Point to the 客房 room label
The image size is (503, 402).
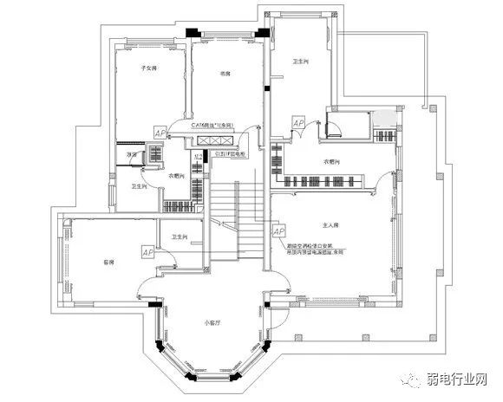109,260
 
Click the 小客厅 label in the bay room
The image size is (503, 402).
213,323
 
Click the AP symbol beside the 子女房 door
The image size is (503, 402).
160,132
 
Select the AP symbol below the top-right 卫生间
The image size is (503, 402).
297,124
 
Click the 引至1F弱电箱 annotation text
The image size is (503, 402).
231,154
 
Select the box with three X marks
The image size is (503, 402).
211,139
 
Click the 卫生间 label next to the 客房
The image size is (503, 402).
180,237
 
